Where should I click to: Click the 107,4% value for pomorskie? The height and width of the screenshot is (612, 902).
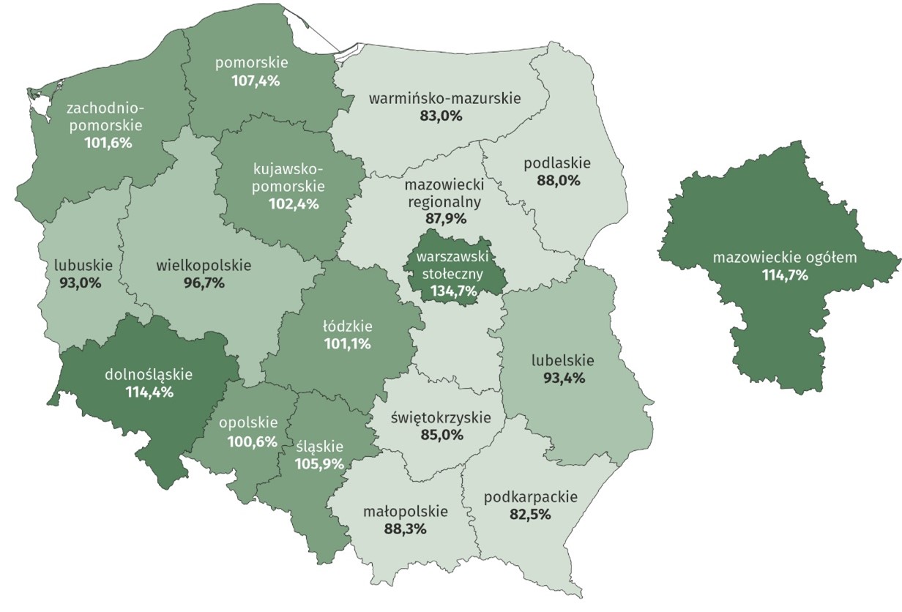coord(253,81)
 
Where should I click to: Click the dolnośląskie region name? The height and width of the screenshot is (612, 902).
coord(149,375)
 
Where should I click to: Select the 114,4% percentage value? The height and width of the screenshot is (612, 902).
coord(149,392)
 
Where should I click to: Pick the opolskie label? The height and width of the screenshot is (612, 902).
coord(249,422)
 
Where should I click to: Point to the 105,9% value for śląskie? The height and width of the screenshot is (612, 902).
coord(320,463)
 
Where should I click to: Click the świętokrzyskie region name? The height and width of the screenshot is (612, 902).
coord(442,417)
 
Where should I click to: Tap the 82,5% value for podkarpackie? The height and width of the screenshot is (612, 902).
coord(530,514)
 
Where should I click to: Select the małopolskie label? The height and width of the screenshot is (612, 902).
coord(405,511)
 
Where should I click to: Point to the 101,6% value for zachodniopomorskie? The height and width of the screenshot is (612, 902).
coord(108,143)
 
